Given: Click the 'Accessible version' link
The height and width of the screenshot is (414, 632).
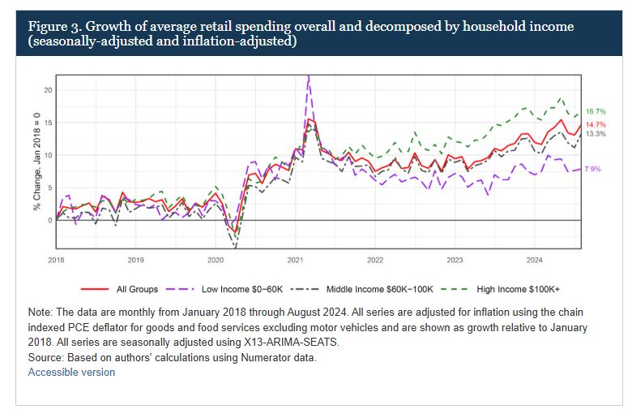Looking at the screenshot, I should click(71, 372).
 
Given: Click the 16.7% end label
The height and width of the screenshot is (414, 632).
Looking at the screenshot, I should click(596, 111).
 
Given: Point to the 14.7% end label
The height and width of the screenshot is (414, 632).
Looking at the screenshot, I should click(596, 124).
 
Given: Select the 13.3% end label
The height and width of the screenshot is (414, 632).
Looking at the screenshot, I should click(596, 134).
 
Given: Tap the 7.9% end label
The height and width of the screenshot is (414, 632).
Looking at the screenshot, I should click(592, 169).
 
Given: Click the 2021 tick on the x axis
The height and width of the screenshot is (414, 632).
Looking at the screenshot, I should click(295, 261).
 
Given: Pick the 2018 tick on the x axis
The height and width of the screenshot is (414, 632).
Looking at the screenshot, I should click(55, 261).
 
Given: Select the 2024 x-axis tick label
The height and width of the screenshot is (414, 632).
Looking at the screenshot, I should click(534, 261).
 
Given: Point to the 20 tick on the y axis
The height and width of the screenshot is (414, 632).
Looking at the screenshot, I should click(48, 90).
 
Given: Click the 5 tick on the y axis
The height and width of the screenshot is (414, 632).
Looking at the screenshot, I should click(49, 188).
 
